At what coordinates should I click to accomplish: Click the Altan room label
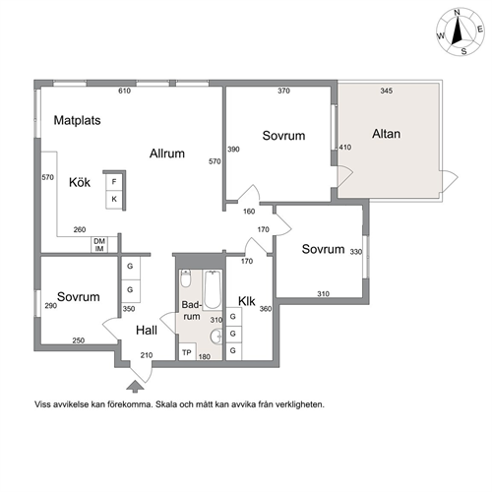pyautogui.click(x=386, y=134)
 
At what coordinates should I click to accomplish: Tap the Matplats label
pyautogui.click(x=77, y=120)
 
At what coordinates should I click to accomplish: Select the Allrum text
pyautogui.click(x=167, y=154)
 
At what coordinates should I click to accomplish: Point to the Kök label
pyautogui.click(x=80, y=182)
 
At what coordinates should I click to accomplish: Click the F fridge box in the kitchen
pyautogui.click(x=114, y=182)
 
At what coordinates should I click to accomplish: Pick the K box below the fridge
pyautogui.click(x=114, y=200)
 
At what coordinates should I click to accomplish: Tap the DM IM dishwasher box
pyautogui.click(x=99, y=245)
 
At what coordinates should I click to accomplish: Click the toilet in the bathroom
pyautogui.click(x=186, y=278)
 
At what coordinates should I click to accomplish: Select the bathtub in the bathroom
pyautogui.click(x=213, y=289)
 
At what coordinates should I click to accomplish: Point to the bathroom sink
pyautogui.click(x=216, y=336)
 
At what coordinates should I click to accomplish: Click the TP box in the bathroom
pyautogui.click(x=187, y=352)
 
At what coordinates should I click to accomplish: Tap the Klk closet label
pyautogui.click(x=247, y=301)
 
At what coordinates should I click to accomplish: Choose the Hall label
pyautogui.click(x=147, y=331)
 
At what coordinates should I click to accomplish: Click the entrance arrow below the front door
pyautogui.click(x=135, y=387)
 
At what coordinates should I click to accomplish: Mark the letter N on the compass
pyautogui.click(x=457, y=13)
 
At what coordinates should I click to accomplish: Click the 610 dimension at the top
pyautogui.click(x=125, y=91)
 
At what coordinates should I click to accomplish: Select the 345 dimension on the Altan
pyautogui.click(x=387, y=91)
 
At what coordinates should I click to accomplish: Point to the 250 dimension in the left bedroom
pyautogui.click(x=79, y=340)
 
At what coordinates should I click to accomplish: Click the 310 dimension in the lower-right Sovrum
pyautogui.click(x=324, y=294)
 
